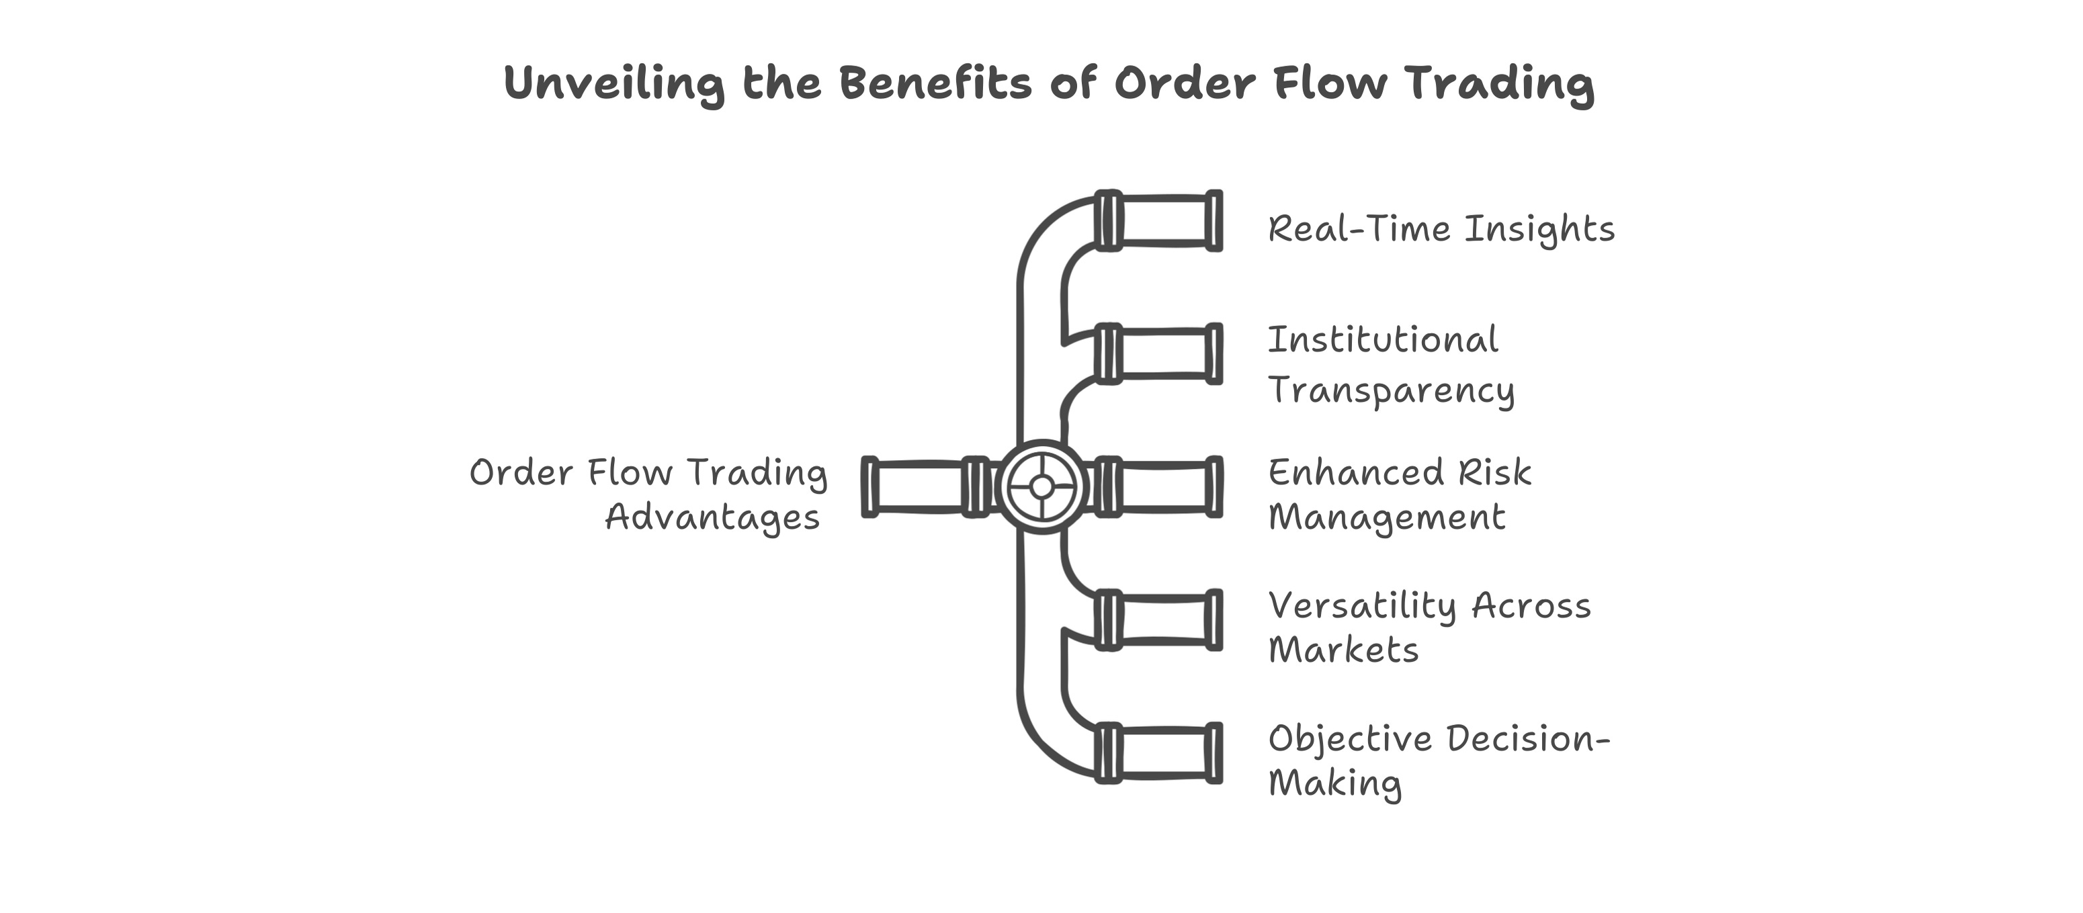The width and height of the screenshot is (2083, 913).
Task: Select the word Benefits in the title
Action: point(935,83)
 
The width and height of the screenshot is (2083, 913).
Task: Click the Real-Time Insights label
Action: point(1441,229)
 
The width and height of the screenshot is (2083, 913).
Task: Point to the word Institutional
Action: point(1383,340)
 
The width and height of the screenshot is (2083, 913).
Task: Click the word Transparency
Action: point(1391,390)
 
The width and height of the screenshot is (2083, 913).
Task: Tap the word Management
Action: point(1387,517)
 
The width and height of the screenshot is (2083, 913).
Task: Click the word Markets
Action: point(1343,650)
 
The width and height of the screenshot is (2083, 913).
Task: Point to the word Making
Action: point(1335,783)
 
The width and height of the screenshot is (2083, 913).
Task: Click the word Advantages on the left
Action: point(712,517)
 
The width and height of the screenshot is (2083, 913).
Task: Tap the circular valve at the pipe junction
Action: point(1041,487)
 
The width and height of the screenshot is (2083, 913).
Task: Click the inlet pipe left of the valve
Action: point(922,487)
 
